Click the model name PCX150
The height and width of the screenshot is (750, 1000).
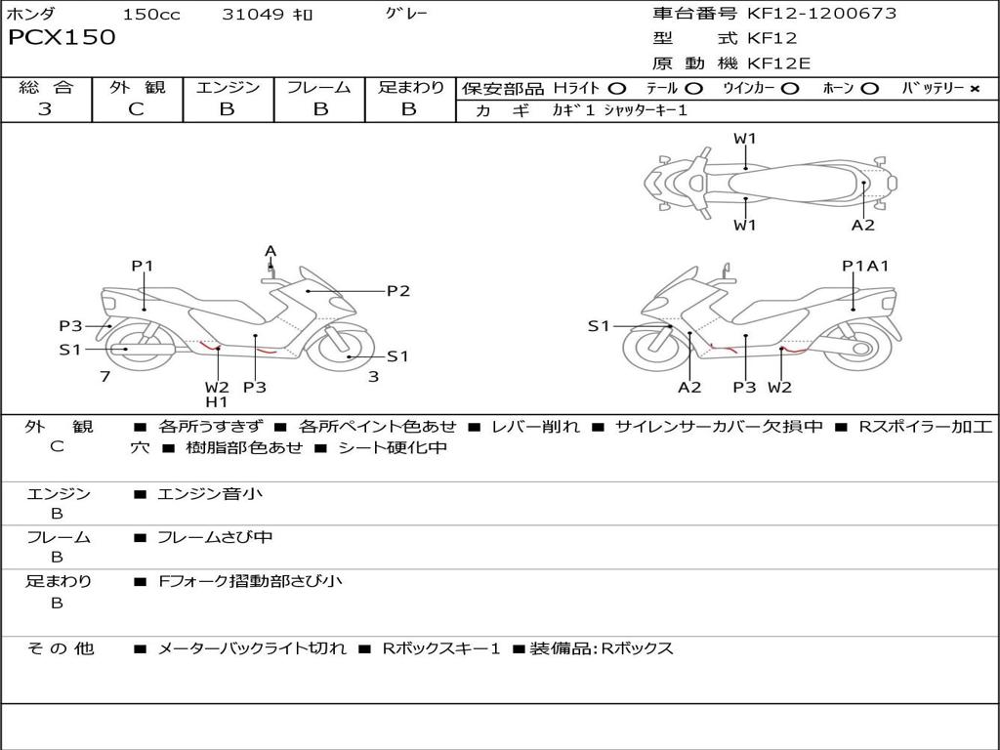[x=62, y=38]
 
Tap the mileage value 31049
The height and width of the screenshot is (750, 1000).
[x=253, y=15]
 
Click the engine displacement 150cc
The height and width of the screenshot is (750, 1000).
[x=150, y=15]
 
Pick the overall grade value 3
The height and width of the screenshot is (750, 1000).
[x=45, y=109]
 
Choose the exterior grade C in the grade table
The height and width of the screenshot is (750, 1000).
[x=136, y=109]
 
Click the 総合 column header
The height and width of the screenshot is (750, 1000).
[x=46, y=88]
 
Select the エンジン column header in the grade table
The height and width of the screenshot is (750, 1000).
[x=228, y=88]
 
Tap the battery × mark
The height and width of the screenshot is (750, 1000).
[x=974, y=89]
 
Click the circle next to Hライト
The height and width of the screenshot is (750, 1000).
[x=616, y=89]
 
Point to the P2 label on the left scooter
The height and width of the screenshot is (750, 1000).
[x=397, y=290]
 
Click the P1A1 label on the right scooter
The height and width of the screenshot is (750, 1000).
[x=865, y=266]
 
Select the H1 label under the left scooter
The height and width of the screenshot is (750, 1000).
[x=216, y=401]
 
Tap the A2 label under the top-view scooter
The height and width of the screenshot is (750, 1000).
[x=862, y=225]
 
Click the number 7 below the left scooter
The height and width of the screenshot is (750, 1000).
[x=104, y=376]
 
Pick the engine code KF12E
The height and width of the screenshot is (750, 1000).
[x=779, y=64]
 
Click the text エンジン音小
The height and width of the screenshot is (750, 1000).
[x=210, y=494]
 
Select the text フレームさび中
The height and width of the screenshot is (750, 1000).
[x=215, y=537]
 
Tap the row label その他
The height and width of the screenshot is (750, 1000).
[x=60, y=648]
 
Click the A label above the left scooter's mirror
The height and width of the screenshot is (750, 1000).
[x=271, y=251]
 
